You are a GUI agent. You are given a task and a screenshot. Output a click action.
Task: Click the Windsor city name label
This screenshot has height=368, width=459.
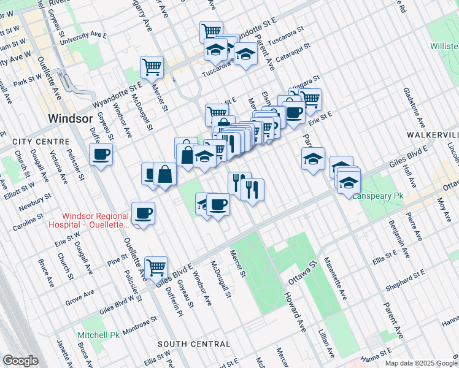point(71,118)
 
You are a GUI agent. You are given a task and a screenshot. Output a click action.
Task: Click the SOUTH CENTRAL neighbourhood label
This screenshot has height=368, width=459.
point(193,344)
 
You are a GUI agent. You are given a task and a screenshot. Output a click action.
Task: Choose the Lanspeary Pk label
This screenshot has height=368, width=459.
point(377,196)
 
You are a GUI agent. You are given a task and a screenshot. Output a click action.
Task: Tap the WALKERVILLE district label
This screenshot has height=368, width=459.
point(433,134)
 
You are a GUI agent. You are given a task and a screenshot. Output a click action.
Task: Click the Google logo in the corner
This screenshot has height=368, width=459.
point(20,361)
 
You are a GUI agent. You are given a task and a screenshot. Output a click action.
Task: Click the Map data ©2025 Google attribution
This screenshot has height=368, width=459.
point(421,363)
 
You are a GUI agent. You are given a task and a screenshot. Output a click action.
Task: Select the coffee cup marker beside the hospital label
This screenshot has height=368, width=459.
point(143,213)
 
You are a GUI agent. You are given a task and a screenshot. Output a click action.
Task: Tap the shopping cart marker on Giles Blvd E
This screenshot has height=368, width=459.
point(156,267)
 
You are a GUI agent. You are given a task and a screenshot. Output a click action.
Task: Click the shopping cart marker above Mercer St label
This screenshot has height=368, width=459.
point(151,67)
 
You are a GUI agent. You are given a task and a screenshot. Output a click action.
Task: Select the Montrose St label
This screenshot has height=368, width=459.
point(141,323)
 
